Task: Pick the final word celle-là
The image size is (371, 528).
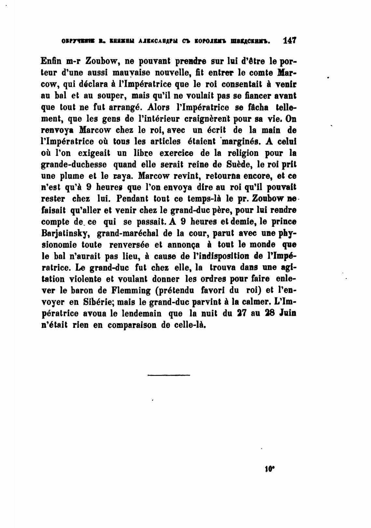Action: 186,325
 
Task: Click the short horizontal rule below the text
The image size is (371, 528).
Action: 169,375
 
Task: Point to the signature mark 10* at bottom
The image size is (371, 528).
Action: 270,469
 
